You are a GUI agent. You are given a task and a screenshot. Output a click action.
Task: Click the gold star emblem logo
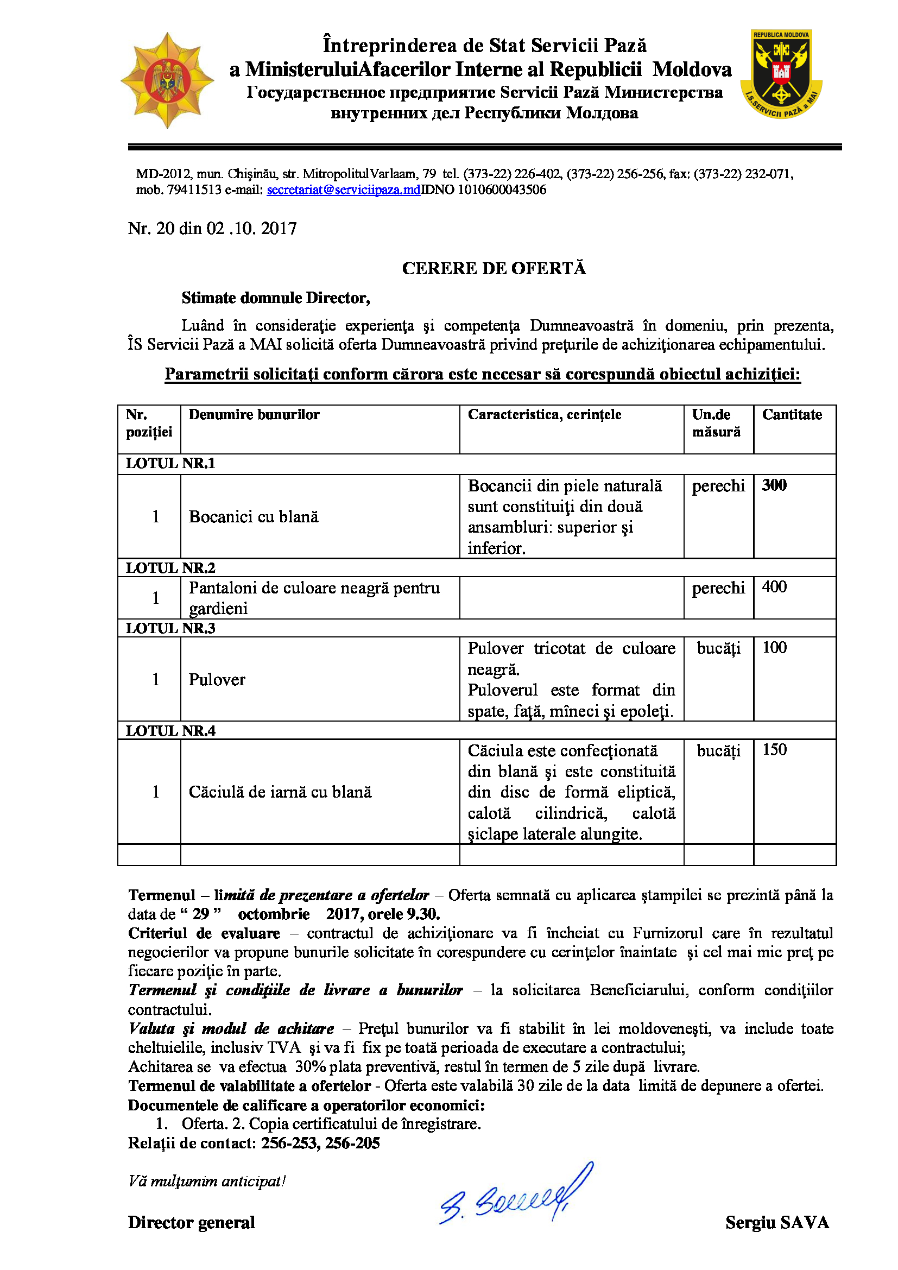pyautogui.click(x=167, y=81)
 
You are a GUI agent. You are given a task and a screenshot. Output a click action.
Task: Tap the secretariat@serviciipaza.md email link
pyautogui.click(x=343, y=189)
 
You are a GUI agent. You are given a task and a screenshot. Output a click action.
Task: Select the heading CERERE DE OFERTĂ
pyautogui.click(x=493, y=268)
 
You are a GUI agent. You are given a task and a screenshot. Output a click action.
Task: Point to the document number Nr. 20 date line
pyautogui.click(x=212, y=229)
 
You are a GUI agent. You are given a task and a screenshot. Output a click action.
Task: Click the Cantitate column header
pyautogui.click(x=791, y=415)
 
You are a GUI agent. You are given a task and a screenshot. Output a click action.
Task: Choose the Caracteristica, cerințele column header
pyautogui.click(x=544, y=415)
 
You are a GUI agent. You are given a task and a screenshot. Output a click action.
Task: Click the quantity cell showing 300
pyautogui.click(x=774, y=485)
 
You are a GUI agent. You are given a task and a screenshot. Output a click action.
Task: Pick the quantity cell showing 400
pyautogui.click(x=774, y=587)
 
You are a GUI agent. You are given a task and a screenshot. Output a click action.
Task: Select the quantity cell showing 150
pyautogui.click(x=774, y=749)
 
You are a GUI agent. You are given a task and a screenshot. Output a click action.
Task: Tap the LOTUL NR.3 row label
pyautogui.click(x=170, y=628)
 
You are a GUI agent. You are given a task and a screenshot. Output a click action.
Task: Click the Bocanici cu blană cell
pyautogui.click(x=254, y=516)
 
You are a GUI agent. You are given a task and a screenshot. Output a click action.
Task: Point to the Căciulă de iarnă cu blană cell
pyautogui.click(x=280, y=792)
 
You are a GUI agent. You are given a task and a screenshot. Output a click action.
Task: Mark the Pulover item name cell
pyautogui.click(x=217, y=679)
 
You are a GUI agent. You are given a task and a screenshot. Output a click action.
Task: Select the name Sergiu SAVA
pyautogui.click(x=777, y=1222)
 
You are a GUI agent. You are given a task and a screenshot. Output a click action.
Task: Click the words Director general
pyautogui.click(x=191, y=1222)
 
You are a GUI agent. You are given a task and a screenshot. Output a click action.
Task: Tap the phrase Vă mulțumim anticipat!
pyautogui.click(x=207, y=1181)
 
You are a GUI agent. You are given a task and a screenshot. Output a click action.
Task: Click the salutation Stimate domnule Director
pyautogui.click(x=275, y=298)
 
